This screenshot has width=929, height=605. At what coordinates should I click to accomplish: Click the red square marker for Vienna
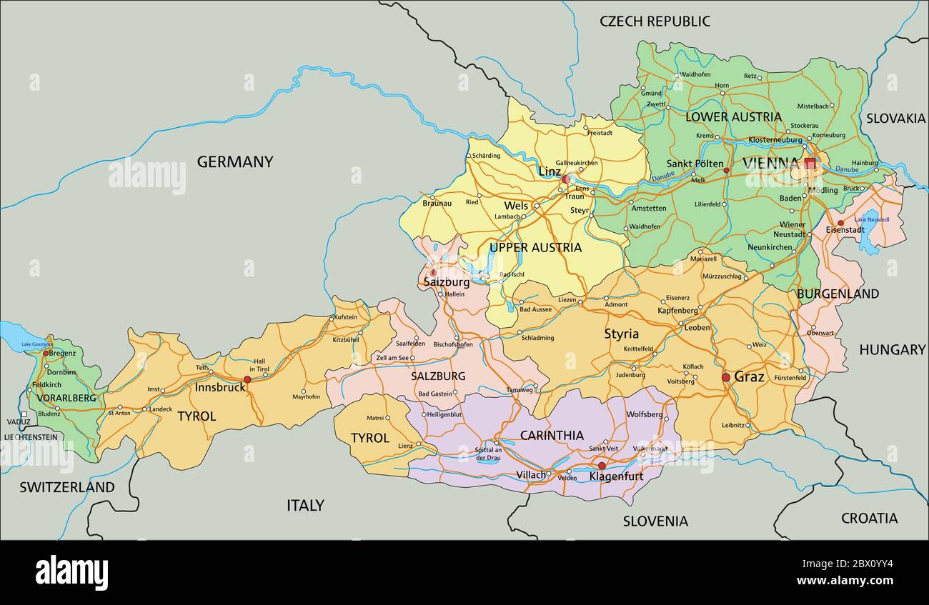810,164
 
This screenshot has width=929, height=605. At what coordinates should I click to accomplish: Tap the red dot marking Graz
726,377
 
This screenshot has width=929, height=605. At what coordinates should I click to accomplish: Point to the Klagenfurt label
616,476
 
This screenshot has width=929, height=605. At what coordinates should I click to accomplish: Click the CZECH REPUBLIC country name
655,21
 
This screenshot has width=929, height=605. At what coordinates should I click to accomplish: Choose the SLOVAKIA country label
895,119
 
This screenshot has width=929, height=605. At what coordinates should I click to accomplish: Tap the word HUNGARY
892,350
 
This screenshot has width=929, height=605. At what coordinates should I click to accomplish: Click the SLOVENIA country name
655,521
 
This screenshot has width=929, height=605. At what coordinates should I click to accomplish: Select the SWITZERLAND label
66,488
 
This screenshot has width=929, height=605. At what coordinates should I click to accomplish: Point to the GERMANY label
235,162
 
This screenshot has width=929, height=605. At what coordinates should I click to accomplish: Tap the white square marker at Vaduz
24,414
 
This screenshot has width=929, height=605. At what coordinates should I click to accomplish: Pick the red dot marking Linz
565,179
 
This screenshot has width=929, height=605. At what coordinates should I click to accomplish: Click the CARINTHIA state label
552,435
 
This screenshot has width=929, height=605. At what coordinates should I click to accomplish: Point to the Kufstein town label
345,317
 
